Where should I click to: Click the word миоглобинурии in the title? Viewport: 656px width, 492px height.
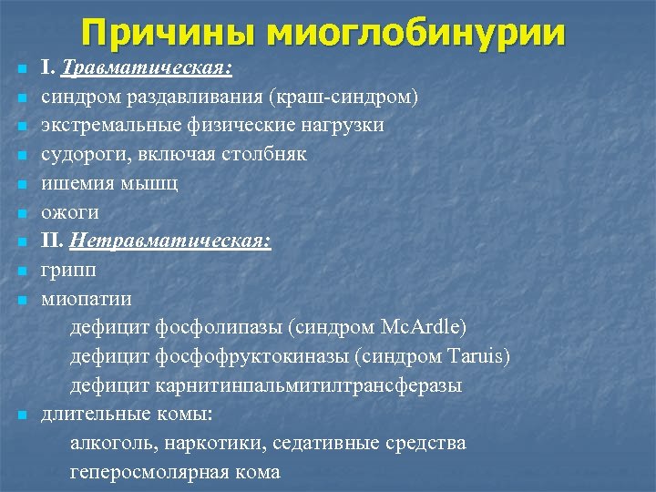pyautogui.click(x=416, y=33)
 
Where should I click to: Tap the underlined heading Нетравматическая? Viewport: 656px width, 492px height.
pyautogui.click(x=170, y=241)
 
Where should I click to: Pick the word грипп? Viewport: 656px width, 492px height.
pyautogui.click(x=68, y=271)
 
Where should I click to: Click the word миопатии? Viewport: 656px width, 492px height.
pyautogui.click(x=86, y=299)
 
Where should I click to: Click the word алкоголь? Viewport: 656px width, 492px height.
pyautogui.click(x=112, y=444)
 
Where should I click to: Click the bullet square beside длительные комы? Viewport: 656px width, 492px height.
pyautogui.click(x=21, y=415)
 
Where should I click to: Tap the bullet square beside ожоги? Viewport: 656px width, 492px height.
pyautogui.click(x=21, y=213)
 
